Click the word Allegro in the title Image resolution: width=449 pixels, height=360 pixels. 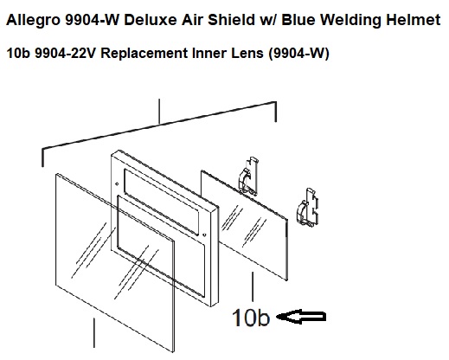[x=33, y=21]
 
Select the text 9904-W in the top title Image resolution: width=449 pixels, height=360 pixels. [x=92, y=20]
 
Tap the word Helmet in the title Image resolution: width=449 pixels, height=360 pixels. [x=413, y=20]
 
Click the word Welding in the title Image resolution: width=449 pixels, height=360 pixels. [x=351, y=21]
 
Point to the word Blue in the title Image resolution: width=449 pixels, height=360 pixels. [x=298, y=20]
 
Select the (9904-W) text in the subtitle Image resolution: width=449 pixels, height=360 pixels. [x=298, y=54]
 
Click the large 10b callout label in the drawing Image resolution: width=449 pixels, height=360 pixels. [x=251, y=318]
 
